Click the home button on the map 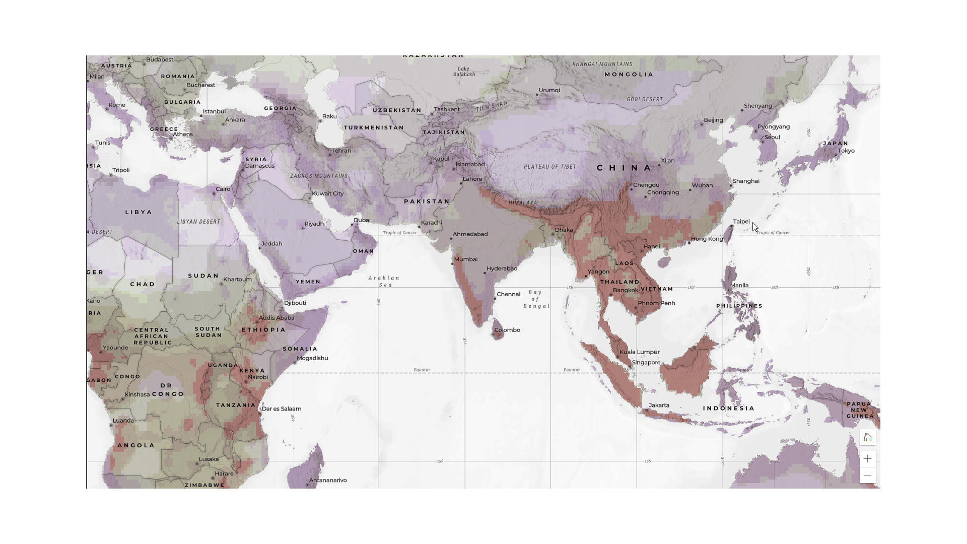867,437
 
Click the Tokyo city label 846,151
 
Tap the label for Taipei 741,222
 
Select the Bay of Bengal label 536,299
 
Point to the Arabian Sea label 384,282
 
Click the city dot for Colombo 493,334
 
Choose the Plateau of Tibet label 549,167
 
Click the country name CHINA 625,168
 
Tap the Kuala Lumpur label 639,352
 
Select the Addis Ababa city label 277,318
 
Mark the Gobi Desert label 645,100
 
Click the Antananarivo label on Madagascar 328,481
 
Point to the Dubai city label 362,220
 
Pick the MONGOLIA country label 629,75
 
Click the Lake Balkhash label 464,72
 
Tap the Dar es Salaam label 282,409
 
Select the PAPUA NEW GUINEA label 859,410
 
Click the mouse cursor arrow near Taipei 755,227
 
